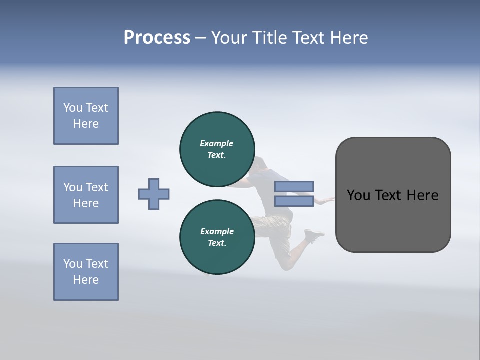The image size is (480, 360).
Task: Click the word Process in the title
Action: (x=157, y=38)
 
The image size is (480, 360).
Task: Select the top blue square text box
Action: (x=86, y=116)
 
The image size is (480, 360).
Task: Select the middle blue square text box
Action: (x=86, y=195)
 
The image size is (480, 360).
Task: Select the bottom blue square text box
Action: (x=86, y=272)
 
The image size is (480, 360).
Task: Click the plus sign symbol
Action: (x=154, y=194)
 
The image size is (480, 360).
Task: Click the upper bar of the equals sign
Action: (x=294, y=187)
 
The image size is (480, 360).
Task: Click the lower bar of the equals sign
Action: (x=294, y=201)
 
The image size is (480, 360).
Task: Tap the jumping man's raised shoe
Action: (x=314, y=235)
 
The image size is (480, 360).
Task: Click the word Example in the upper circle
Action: (x=217, y=143)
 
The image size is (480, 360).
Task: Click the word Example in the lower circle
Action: (x=217, y=231)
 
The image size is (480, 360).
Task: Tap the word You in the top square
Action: (x=72, y=108)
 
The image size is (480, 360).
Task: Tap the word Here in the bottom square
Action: (x=86, y=280)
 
